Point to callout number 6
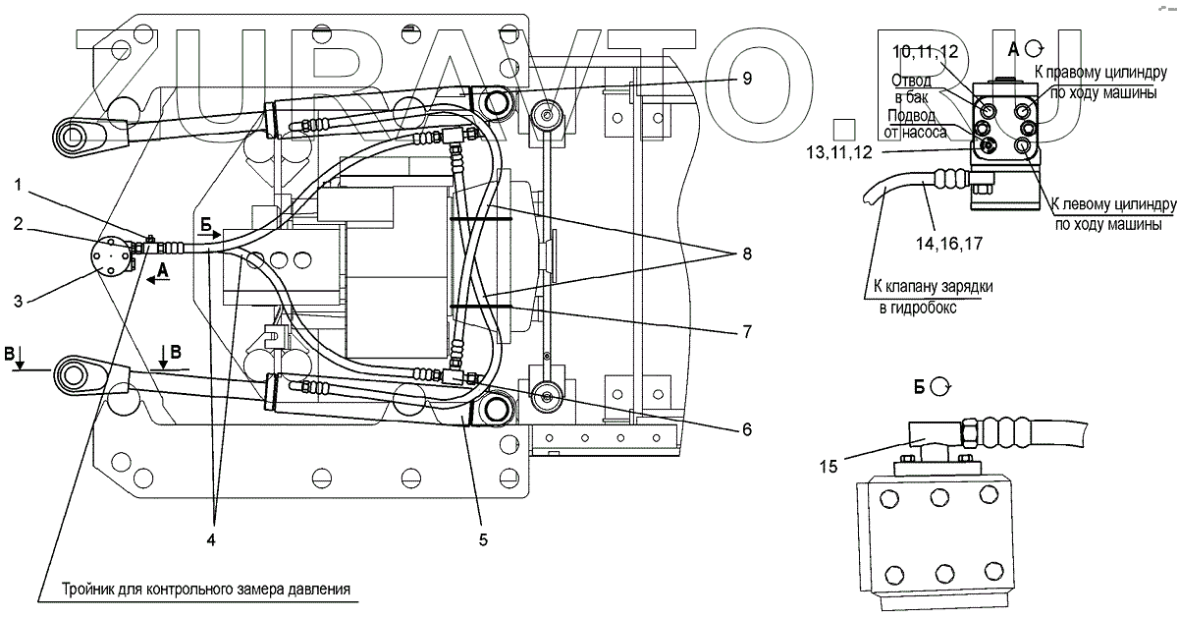tap(747, 428)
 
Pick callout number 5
tap(482, 538)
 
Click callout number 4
tap(212, 538)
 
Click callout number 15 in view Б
tap(830, 467)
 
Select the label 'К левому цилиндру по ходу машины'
tap(1111, 215)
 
